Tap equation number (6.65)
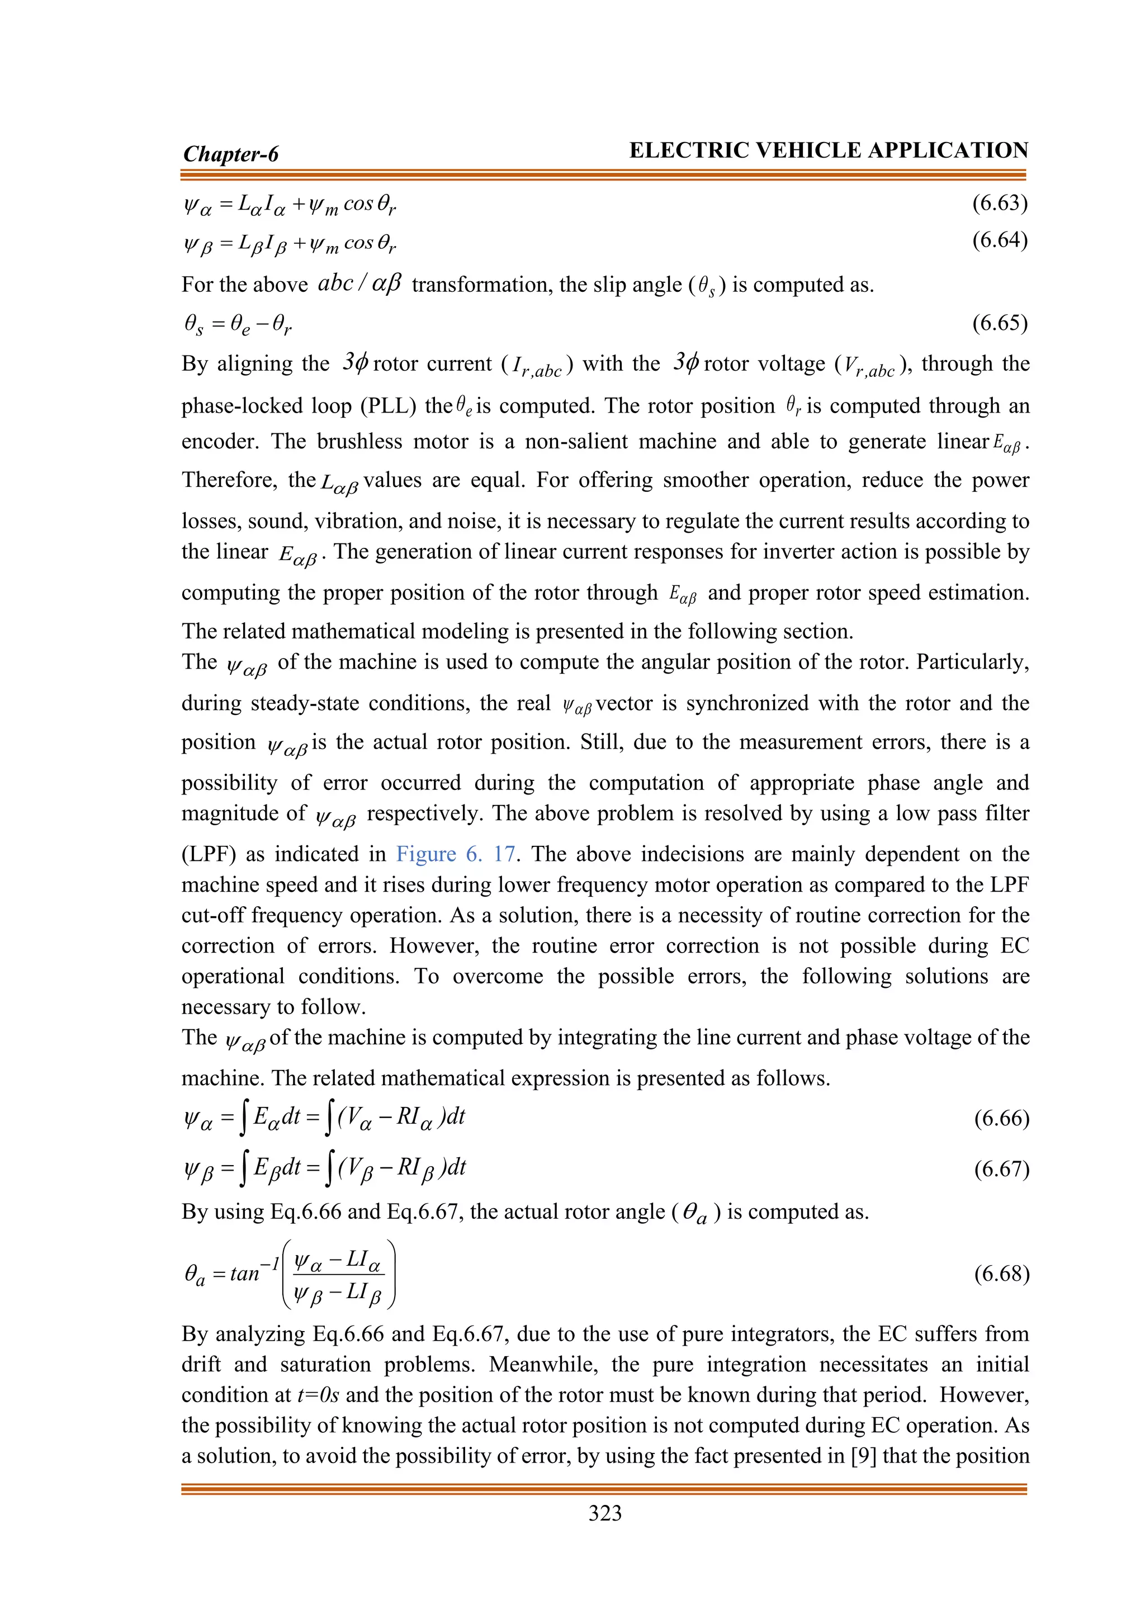coord(1000,323)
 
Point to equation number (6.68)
coord(1001,1274)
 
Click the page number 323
coord(605,1513)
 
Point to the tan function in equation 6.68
coord(245,1274)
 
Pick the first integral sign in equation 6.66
coord(243,1119)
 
